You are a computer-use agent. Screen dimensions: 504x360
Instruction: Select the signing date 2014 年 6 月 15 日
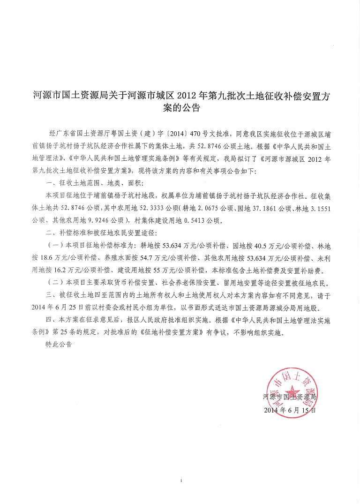point(291,409)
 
